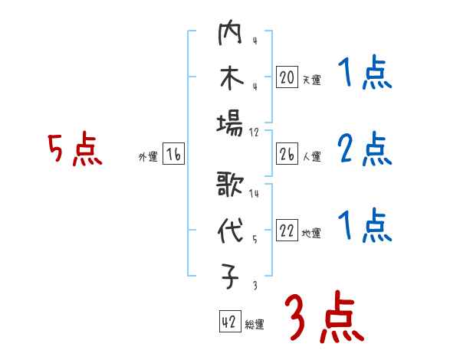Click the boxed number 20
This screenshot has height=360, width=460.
(287, 77)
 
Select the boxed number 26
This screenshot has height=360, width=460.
(287, 155)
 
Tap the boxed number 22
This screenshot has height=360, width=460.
(287, 231)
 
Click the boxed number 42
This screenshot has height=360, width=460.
(229, 322)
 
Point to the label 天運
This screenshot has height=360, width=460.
(311, 80)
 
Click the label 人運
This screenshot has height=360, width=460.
(311, 157)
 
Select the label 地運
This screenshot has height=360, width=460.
(311, 234)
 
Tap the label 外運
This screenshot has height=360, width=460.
(147, 157)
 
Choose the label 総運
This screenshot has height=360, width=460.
(255, 324)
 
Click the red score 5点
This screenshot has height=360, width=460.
(74, 149)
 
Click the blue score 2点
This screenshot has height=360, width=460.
(364, 149)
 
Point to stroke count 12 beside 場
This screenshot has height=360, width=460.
(255, 132)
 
